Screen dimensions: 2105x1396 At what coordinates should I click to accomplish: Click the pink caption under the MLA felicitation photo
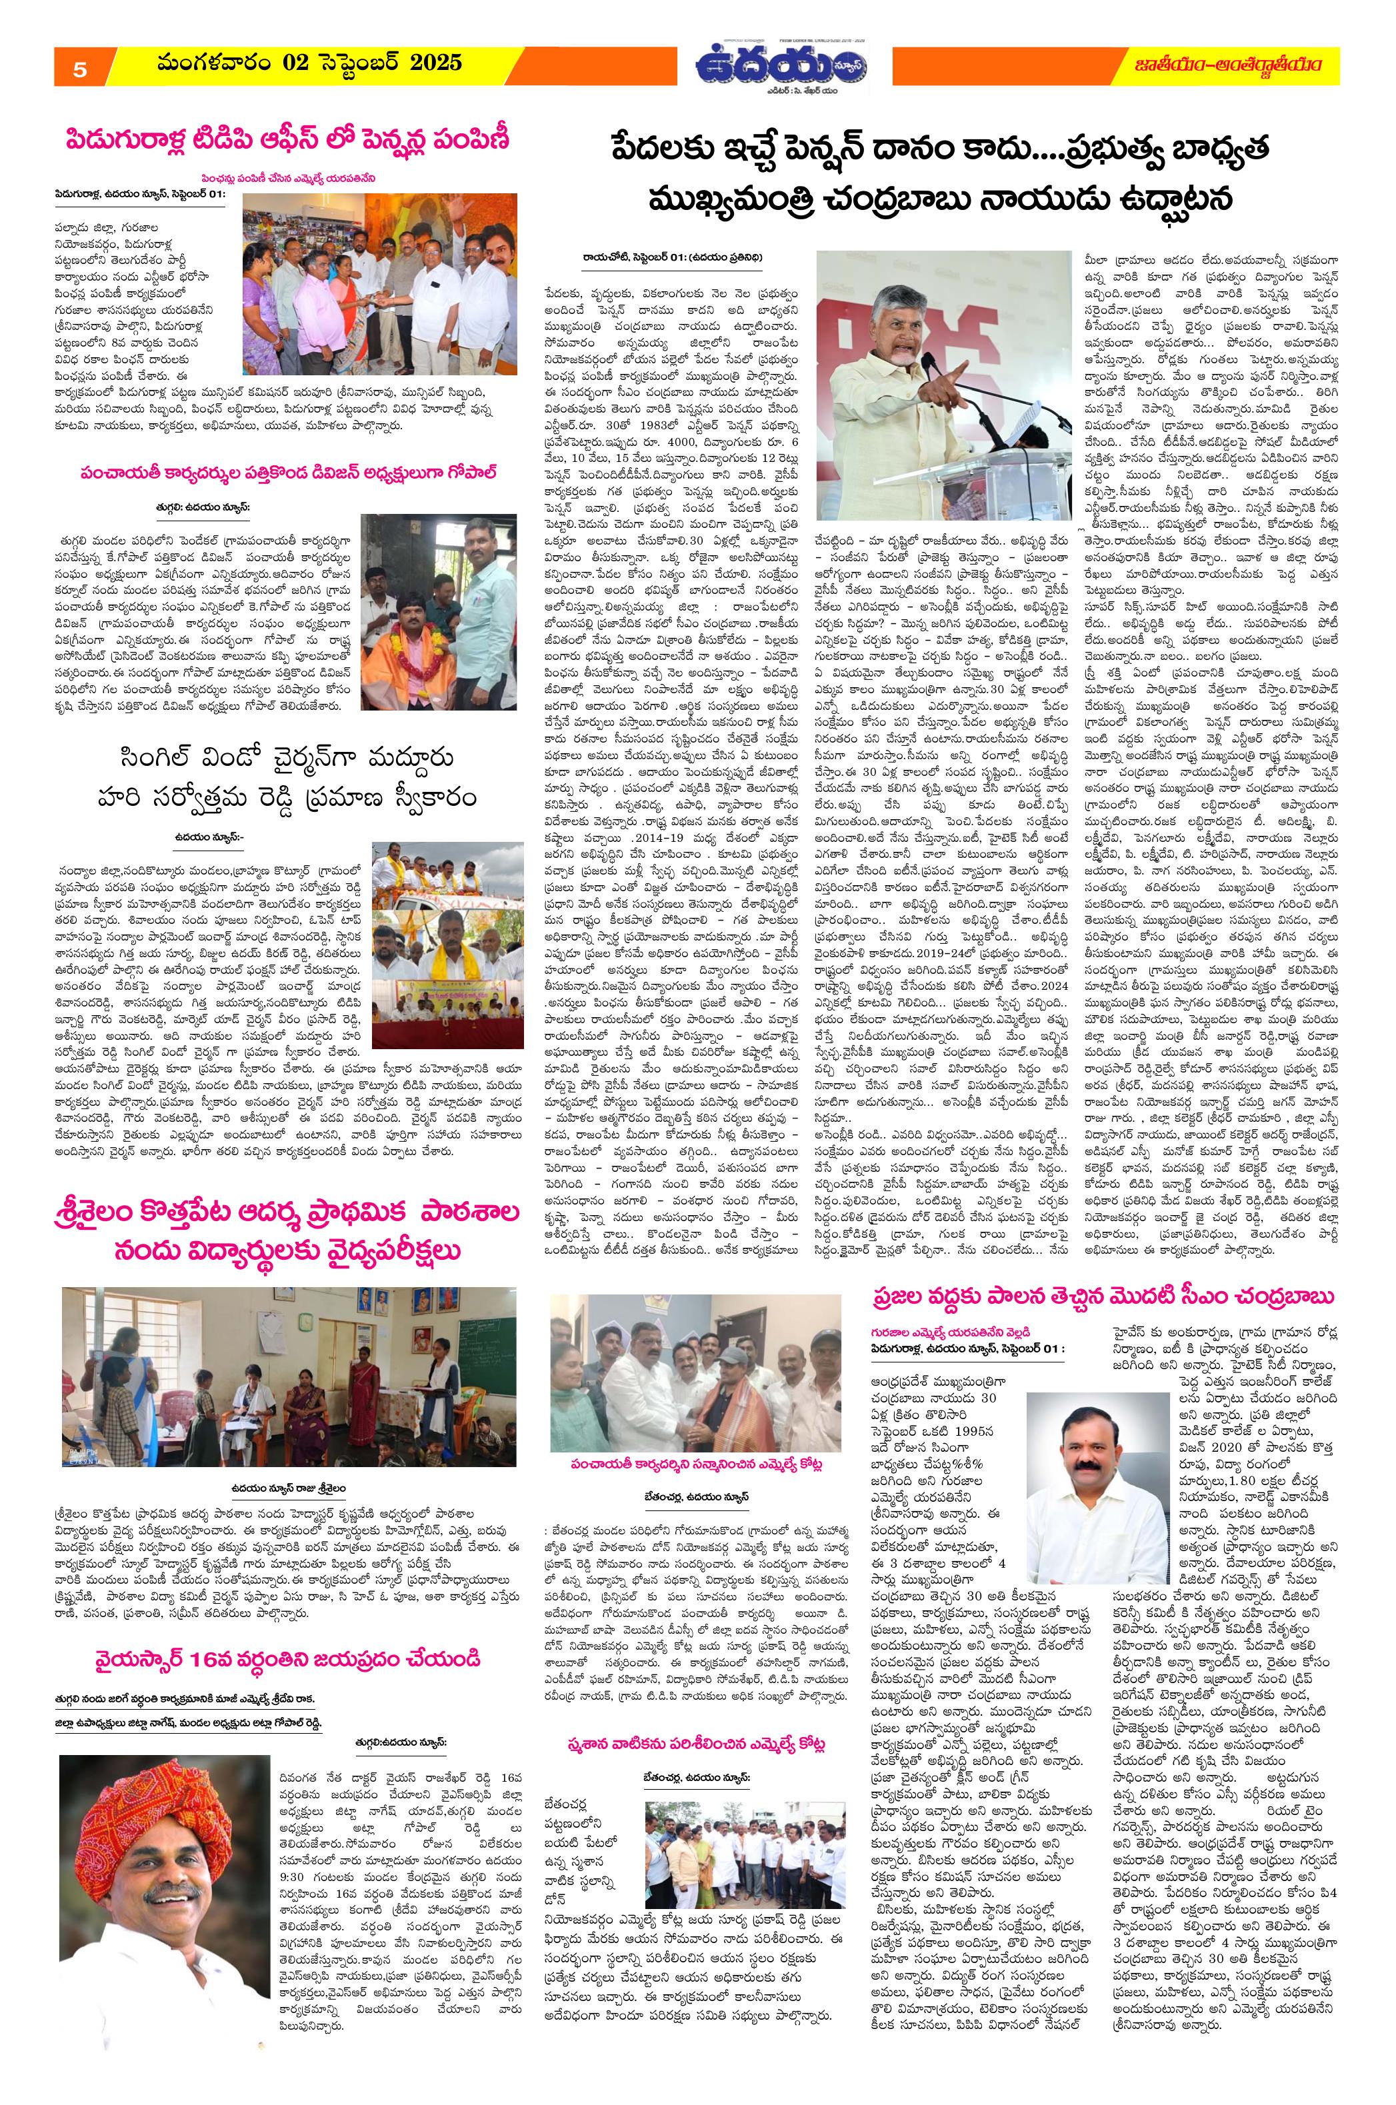coord(697,1465)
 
